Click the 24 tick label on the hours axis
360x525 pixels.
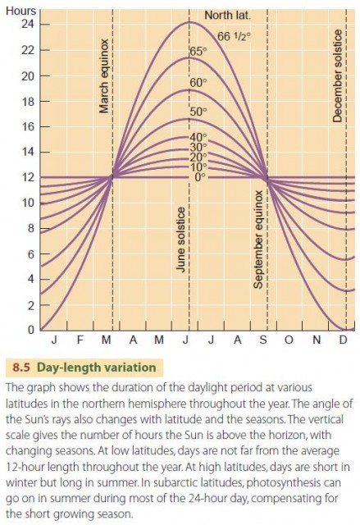pyautogui.click(x=29, y=25)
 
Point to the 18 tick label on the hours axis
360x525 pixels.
pyautogui.click(x=29, y=102)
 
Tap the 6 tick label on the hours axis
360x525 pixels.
pyautogui.click(x=31, y=254)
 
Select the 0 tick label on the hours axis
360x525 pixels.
pyautogui.click(x=31, y=330)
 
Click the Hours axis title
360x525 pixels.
pyautogui.click(x=21, y=11)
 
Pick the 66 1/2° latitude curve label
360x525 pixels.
pyautogui.click(x=234, y=36)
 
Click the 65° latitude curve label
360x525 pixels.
pyautogui.click(x=198, y=51)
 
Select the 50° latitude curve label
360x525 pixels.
pyautogui.click(x=198, y=112)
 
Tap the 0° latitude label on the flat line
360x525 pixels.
pyautogui.click(x=199, y=177)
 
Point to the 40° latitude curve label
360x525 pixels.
pyautogui.click(x=198, y=137)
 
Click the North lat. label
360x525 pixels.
pyautogui.click(x=227, y=16)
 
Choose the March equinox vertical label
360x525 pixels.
pyautogui.click(x=104, y=76)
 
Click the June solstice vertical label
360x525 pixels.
pyautogui.click(x=181, y=239)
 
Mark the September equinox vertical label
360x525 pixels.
pyautogui.click(x=258, y=240)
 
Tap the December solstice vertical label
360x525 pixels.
pyautogui.click(x=338, y=76)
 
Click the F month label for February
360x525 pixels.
pyautogui.click(x=80, y=340)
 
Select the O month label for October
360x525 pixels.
pyautogui.click(x=289, y=340)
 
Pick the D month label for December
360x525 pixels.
pyautogui.click(x=343, y=340)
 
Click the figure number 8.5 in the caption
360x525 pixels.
pyautogui.click(x=21, y=367)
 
